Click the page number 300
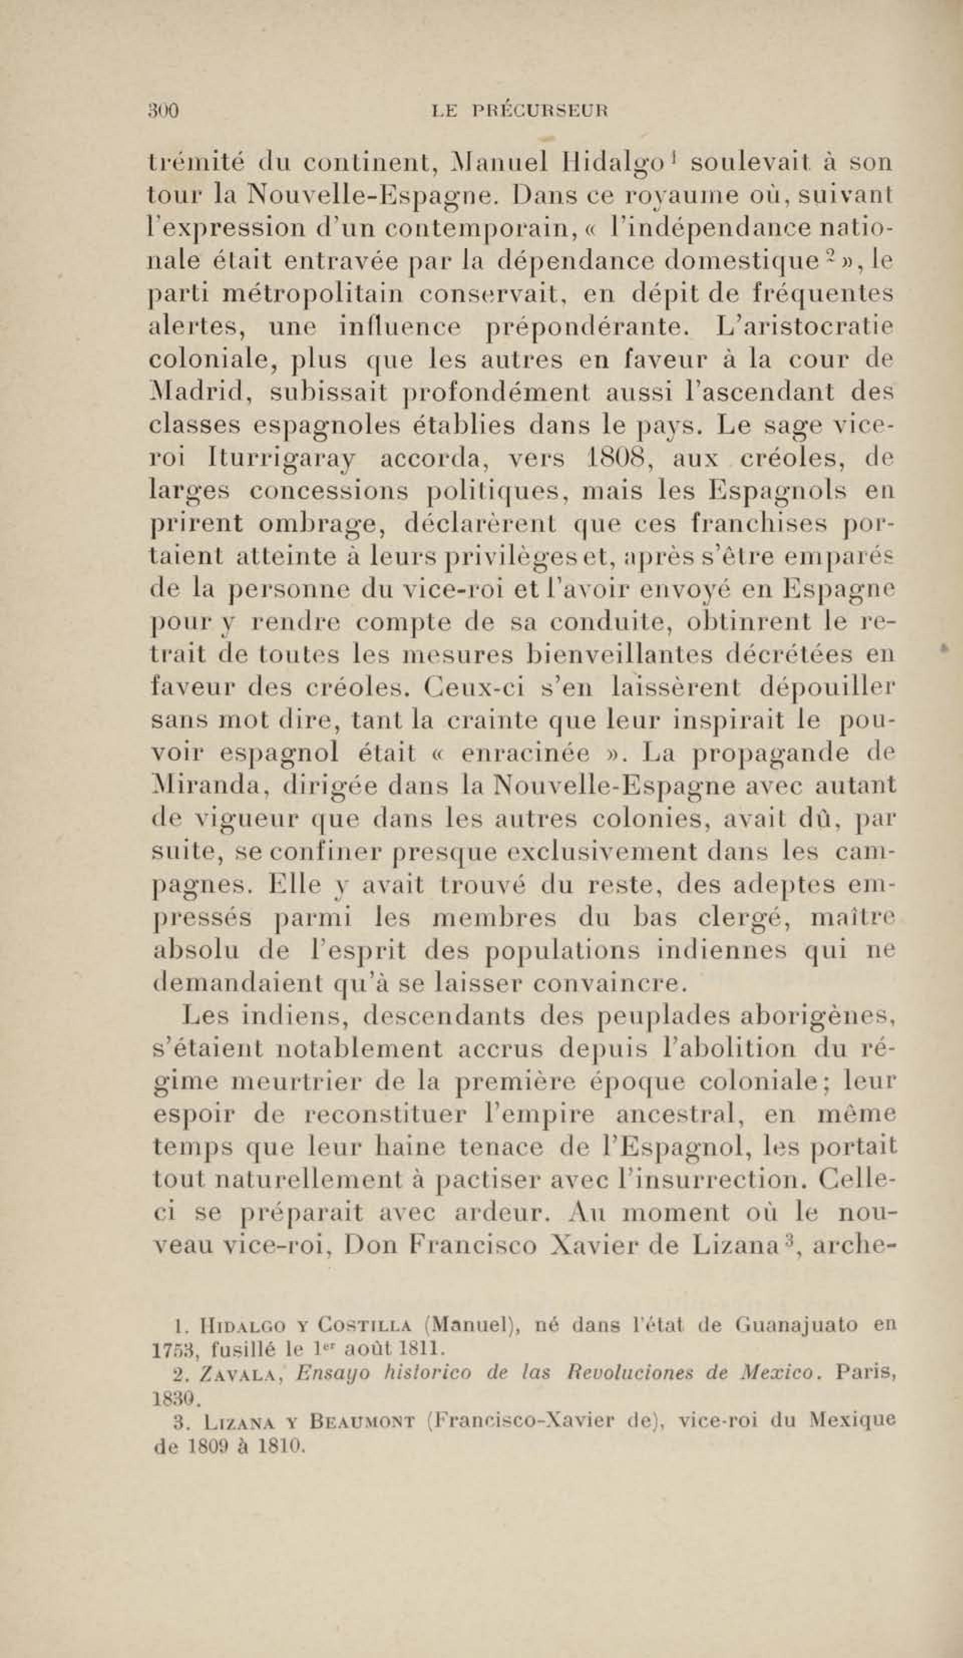pos(163,110)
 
